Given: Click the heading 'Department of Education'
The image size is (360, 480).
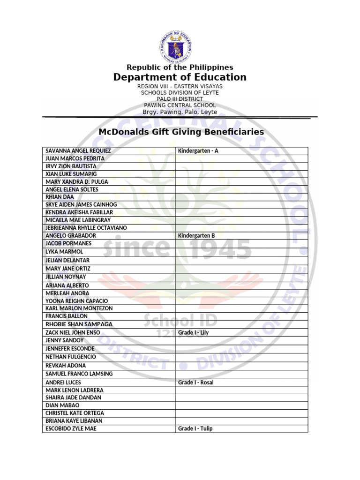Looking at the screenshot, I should coord(180,77).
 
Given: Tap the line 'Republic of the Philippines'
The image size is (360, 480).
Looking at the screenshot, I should coord(180,67).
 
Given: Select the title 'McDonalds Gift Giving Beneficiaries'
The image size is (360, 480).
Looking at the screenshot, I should coord(181,132).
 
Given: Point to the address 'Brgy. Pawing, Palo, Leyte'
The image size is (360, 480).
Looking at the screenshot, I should coord(180,112).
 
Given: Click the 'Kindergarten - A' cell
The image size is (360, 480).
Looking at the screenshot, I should coord(198,151).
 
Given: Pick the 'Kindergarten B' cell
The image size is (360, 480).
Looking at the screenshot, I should coord(196,236).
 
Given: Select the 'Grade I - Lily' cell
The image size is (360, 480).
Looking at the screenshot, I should coord(193,333).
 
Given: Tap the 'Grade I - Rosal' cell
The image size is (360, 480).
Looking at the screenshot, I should coord(195,382).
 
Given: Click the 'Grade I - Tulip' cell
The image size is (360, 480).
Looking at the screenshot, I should coord(195,428).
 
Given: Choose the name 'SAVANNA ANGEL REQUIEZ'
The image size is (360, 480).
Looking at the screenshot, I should coord(78,151).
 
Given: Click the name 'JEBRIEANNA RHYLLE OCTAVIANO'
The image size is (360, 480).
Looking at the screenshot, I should coord(86,228).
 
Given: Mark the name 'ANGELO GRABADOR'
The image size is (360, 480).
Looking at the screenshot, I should coord(71,236).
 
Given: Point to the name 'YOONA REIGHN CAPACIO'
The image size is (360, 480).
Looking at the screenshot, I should coord(76,301).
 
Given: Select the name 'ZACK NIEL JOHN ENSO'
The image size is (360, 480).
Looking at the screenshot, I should coord(73,333).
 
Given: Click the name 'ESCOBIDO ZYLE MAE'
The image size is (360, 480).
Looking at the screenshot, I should coord(71,428).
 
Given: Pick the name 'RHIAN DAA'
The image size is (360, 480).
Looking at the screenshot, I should coord(60,197).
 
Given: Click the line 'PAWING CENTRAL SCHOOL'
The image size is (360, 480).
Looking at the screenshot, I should coord(180,105).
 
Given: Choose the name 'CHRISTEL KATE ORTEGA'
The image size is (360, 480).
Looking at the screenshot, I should coord(75,413).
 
